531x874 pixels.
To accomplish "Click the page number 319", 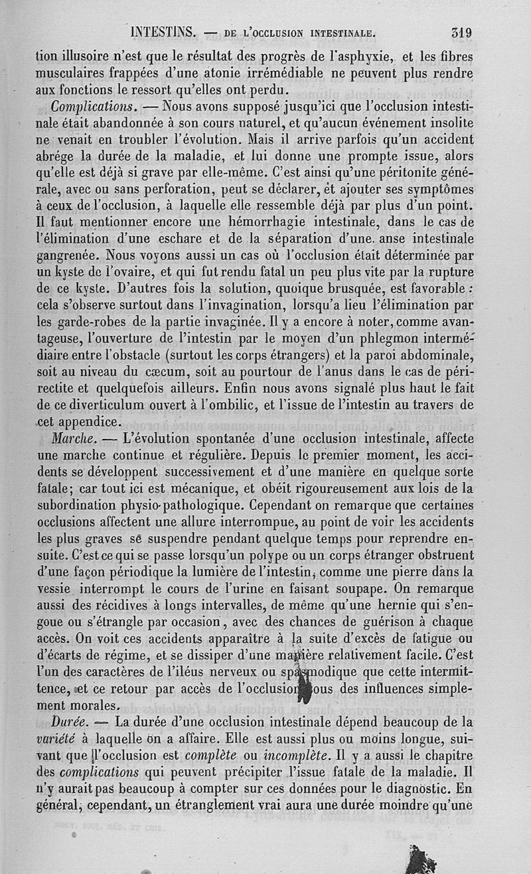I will click(x=460, y=31).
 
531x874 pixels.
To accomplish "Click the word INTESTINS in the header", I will click(x=163, y=31).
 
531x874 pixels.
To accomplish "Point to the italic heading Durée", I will click(x=72, y=721).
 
